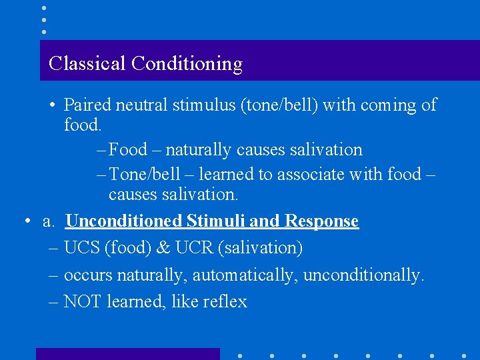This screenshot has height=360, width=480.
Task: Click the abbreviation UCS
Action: coord(81,248)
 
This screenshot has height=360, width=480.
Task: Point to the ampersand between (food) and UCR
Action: coord(163,248)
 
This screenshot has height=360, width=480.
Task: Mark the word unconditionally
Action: coord(363,275)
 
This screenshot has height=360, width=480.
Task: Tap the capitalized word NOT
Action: coord(82,302)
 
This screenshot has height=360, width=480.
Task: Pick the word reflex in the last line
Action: coord(225,302)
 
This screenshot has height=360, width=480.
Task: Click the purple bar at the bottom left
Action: coord(127,354)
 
